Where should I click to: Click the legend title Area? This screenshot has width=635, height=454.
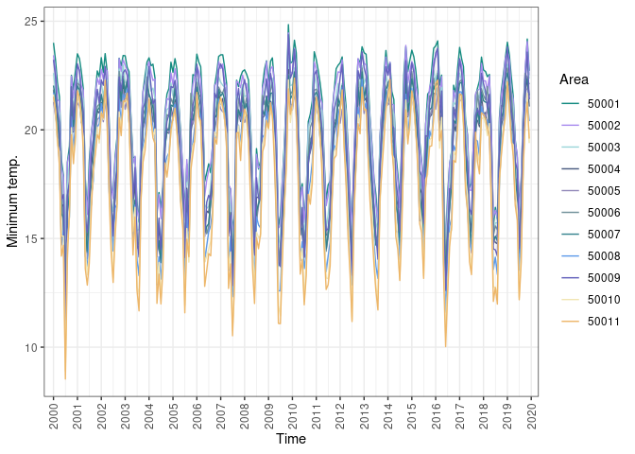tap(575, 79)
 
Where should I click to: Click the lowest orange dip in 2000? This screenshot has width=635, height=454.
tap(65, 378)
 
